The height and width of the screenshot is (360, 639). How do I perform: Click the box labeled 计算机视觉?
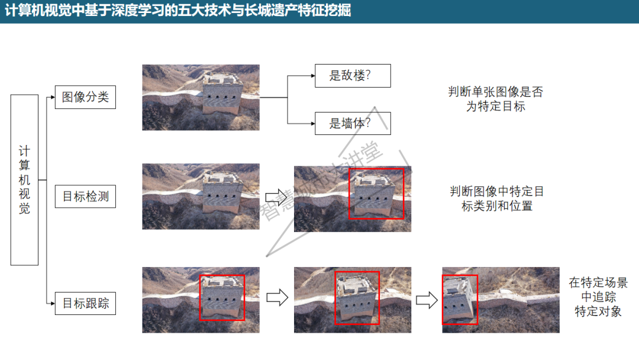(24, 179)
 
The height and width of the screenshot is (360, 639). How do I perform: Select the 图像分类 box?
(85, 97)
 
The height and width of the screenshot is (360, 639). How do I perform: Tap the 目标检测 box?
(85, 196)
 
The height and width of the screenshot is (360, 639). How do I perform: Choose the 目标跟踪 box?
(85, 304)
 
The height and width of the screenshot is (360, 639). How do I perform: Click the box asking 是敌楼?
(353, 76)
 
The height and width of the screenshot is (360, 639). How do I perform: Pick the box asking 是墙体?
(353, 123)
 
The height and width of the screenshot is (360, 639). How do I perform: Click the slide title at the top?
(178, 11)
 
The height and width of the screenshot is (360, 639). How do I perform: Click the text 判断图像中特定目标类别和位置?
(496, 198)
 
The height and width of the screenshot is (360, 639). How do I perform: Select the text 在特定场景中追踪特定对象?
(598, 297)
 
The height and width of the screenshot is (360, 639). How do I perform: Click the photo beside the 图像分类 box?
(201, 97)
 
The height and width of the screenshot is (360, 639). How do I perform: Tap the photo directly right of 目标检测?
(201, 196)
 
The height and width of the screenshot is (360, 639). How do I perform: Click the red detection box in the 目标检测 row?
(376, 194)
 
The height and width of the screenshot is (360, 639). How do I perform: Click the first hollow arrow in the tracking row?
(276, 297)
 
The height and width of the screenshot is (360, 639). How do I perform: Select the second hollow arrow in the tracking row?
(426, 300)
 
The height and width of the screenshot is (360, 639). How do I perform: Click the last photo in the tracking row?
(501, 300)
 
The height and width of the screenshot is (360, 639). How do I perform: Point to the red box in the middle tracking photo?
(357, 298)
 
